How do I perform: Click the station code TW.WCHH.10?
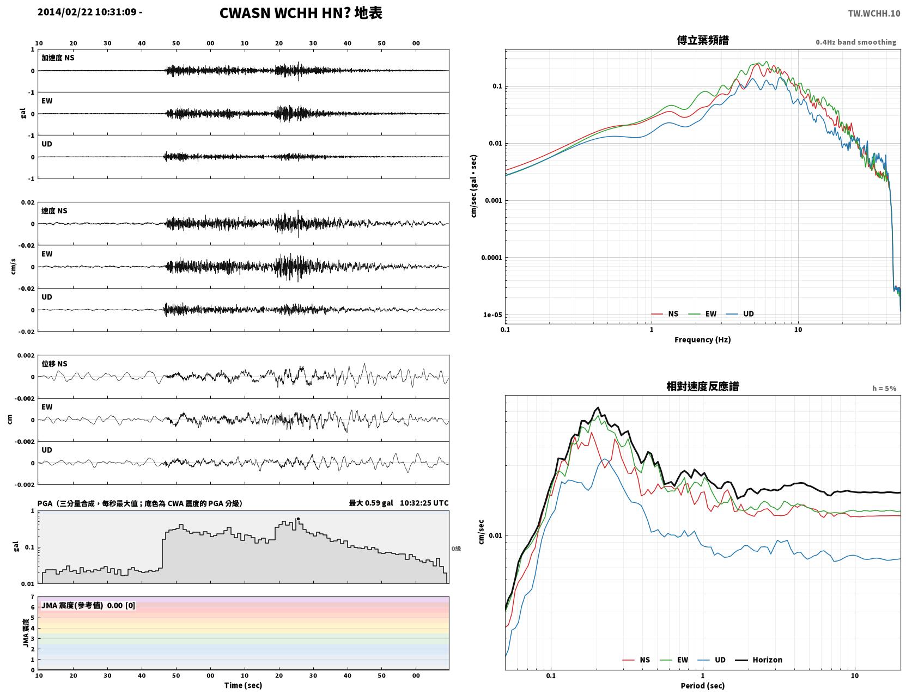[x=873, y=13]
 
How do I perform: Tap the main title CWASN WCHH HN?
[x=285, y=13]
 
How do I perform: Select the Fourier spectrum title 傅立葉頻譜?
[x=702, y=40]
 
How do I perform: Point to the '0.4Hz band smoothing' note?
[x=855, y=42]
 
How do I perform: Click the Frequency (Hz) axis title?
[x=702, y=339]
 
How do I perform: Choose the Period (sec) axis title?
[x=702, y=685]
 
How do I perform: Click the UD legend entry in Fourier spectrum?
[x=739, y=314]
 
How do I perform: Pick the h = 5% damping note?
[x=884, y=389]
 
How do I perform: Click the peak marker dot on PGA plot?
[x=297, y=519]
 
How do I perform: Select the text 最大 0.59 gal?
[x=370, y=503]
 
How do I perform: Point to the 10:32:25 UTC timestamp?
[x=424, y=503]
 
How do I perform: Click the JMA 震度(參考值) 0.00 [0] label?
[x=88, y=605]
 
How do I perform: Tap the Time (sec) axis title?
[x=243, y=685]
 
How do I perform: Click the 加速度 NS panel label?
[x=58, y=58]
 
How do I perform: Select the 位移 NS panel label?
[x=54, y=364]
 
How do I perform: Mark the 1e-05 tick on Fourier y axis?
[x=492, y=315]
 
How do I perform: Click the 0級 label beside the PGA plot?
[x=456, y=549]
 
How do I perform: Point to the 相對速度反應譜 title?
[x=702, y=386]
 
